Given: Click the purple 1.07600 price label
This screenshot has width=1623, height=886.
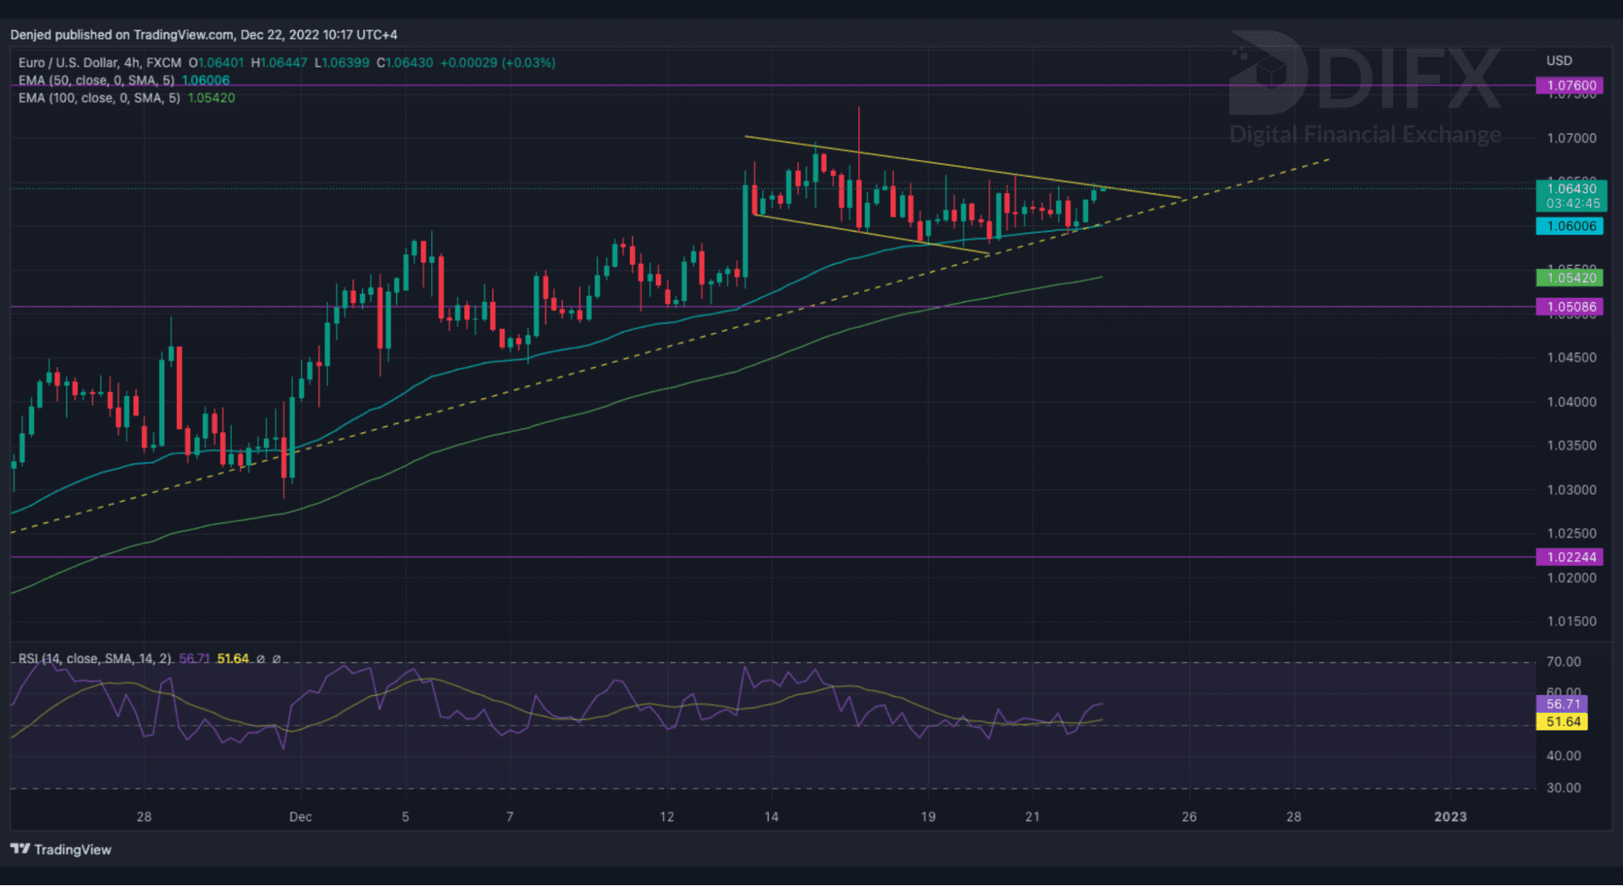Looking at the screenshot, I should click(x=1570, y=85).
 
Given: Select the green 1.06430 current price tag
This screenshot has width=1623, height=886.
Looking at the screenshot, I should click(x=1570, y=189).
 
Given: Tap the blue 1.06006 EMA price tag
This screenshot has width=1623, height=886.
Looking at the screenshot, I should click(x=1570, y=227).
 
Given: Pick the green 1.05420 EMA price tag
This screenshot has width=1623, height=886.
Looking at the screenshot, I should click(x=1570, y=278).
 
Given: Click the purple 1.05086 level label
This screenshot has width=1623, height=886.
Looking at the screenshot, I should click(x=1570, y=307).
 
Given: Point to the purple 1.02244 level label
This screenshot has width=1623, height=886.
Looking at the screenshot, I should click(x=1570, y=557).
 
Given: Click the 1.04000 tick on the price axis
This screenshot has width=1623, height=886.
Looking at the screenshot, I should click(x=1571, y=402).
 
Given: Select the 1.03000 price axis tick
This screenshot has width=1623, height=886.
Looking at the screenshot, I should click(x=1571, y=490).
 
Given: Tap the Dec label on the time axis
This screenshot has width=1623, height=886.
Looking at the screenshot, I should click(x=300, y=817).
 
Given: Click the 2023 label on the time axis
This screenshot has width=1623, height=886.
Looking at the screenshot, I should click(x=1450, y=817).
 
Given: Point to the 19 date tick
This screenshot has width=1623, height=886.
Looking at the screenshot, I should click(x=927, y=817).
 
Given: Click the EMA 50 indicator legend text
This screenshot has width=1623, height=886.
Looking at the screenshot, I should click(x=97, y=80).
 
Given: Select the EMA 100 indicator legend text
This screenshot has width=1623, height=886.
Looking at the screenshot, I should click(x=99, y=98).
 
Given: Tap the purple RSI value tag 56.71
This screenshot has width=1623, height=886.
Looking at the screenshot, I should click(x=1562, y=704).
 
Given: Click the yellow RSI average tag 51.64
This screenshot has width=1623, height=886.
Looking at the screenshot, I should click(x=1562, y=722).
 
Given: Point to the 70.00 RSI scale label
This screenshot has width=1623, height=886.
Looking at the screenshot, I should click(x=1563, y=662).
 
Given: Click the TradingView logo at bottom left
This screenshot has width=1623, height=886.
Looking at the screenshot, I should click(x=61, y=849).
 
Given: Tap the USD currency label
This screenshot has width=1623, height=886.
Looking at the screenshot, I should click(x=1559, y=61).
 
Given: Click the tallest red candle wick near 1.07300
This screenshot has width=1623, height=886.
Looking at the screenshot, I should click(x=858, y=130).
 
